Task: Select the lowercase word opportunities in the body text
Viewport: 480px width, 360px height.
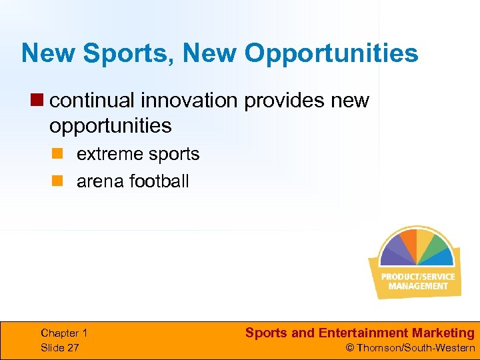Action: click(x=110, y=125)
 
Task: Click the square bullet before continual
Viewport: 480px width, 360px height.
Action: click(x=39, y=101)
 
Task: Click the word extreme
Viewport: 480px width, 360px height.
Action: click(x=106, y=154)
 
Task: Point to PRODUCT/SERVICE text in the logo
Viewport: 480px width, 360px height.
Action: click(x=418, y=277)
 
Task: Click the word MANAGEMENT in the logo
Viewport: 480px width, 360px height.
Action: click(x=418, y=286)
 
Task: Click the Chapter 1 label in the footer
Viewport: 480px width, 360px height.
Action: click(x=64, y=333)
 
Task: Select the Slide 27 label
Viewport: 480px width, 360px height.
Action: click(x=59, y=347)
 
